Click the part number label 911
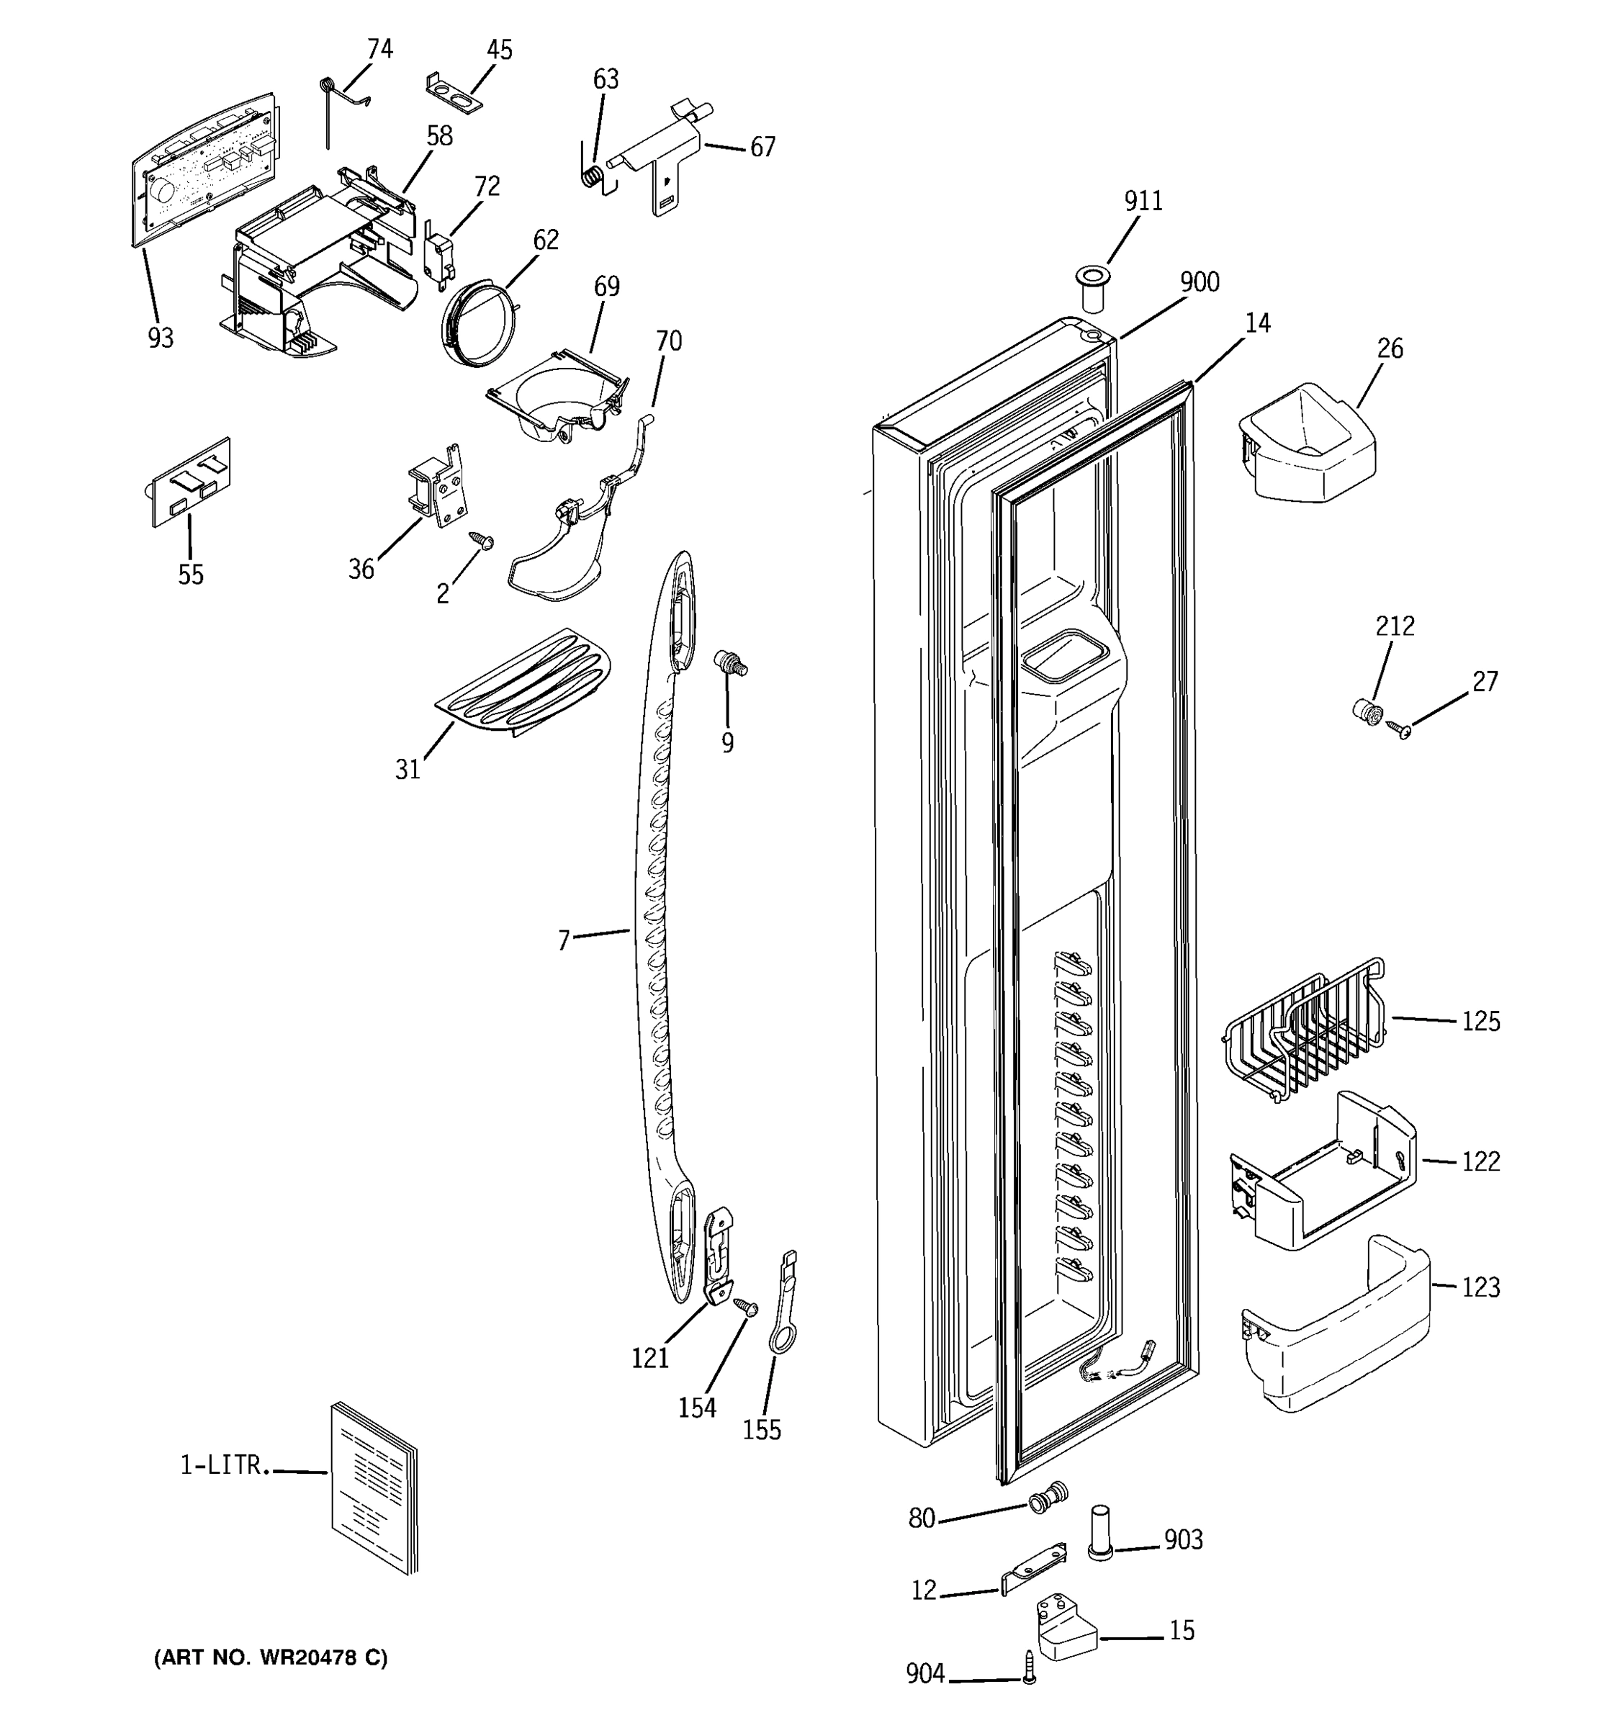[1143, 201]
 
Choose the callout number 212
[1395, 626]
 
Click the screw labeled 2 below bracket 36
[482, 541]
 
